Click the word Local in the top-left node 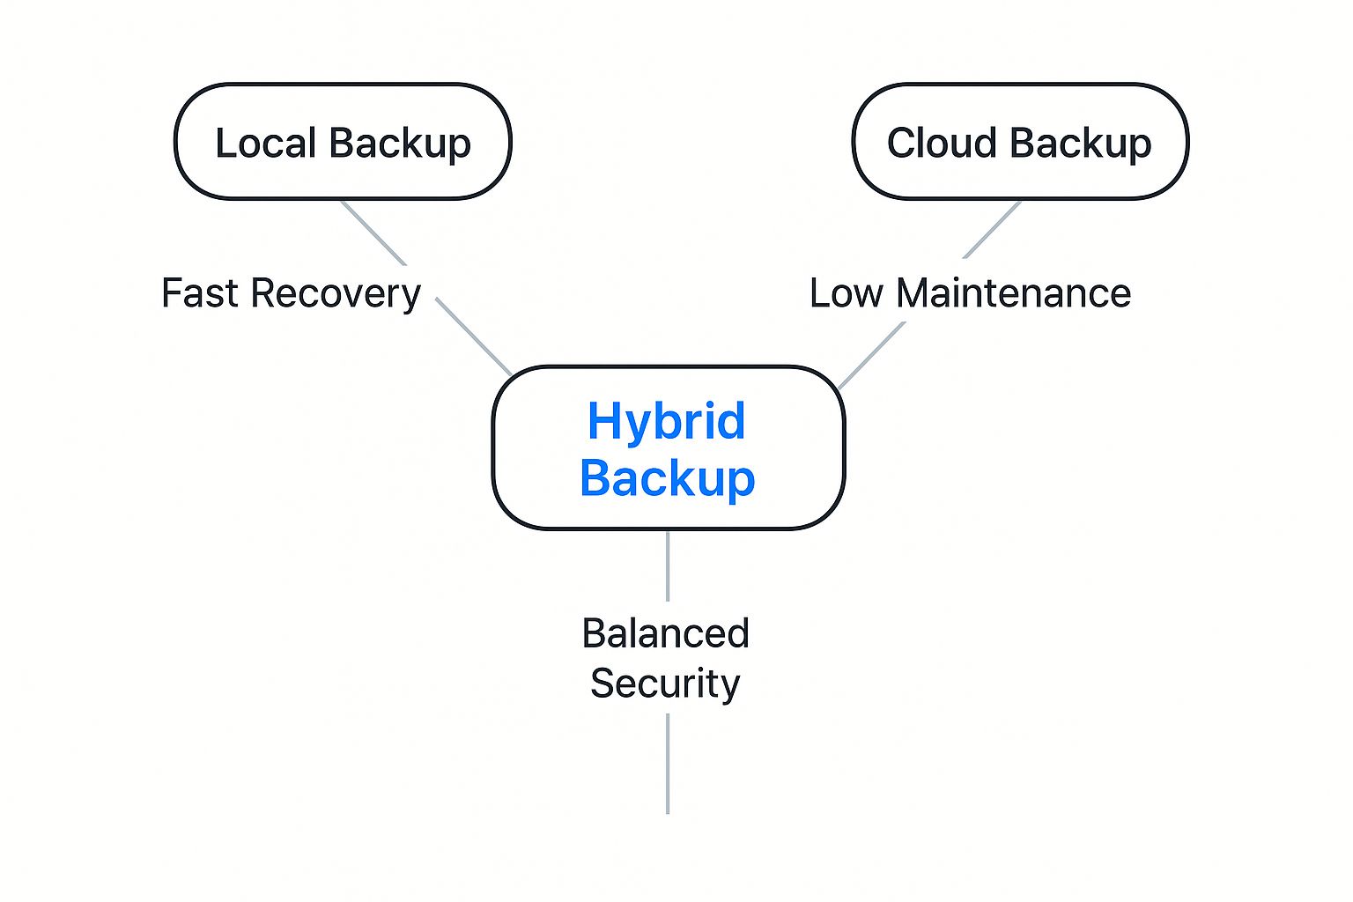(266, 144)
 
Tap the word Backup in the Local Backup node (400, 145)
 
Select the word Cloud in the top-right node (942, 144)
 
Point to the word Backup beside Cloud (1081, 145)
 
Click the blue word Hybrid (666, 423)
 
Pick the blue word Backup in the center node (668, 478)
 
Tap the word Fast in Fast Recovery (199, 293)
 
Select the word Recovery (336, 296)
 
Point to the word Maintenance (1014, 293)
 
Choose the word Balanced (666, 633)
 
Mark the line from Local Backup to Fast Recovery (373, 233)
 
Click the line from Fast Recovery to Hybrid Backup (474, 336)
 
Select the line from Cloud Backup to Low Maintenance (992, 230)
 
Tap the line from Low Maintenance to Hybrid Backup (871, 355)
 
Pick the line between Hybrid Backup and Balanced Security (668, 566)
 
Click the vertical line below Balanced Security (668, 764)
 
